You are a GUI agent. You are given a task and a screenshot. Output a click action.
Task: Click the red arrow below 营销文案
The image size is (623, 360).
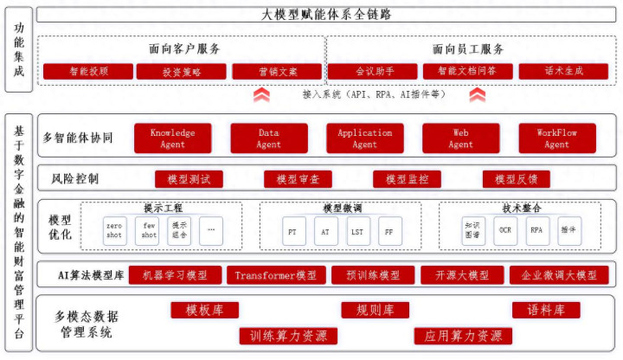(261, 94)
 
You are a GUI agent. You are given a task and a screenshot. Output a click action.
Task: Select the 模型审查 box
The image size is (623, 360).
(298, 180)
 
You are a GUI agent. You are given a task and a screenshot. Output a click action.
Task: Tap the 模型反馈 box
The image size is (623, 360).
(516, 180)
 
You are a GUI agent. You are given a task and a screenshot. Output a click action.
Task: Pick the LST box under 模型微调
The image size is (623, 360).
(356, 231)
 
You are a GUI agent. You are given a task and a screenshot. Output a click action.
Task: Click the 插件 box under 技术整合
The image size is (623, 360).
(568, 231)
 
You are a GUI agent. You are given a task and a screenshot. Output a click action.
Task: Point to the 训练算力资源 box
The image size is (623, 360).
(288, 335)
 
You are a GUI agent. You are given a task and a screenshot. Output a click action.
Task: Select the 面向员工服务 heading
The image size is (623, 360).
(468, 48)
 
